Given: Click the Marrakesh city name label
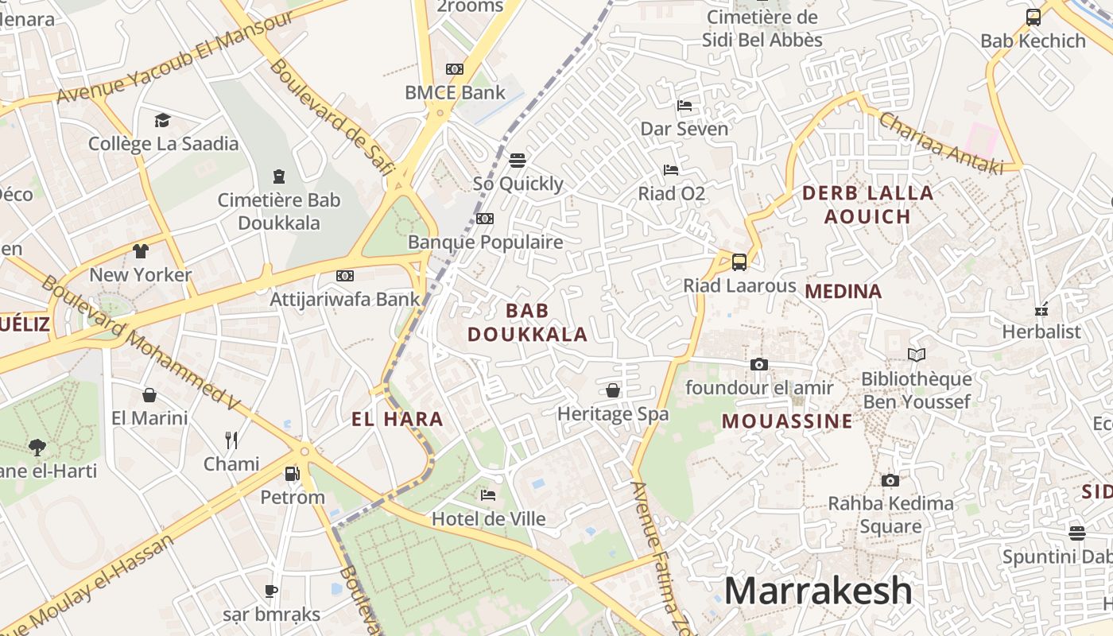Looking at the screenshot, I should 818,591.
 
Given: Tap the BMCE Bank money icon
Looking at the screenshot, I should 455,69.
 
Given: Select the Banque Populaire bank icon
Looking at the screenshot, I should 484,219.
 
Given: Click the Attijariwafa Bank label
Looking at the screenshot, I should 344,299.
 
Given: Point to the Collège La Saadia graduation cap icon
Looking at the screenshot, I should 163,120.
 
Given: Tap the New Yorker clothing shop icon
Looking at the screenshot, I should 141,251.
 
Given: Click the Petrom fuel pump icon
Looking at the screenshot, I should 293,474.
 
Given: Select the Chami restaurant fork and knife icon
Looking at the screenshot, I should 231,440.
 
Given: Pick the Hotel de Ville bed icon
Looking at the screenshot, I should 488,495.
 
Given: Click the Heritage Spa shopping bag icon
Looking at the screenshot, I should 613,390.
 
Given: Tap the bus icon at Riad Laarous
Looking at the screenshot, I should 739,262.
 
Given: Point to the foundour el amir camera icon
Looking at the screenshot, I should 759,364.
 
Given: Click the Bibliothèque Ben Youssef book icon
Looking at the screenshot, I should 917,355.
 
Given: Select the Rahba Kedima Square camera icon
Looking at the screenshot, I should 890,480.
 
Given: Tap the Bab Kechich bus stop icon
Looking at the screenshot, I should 1033,17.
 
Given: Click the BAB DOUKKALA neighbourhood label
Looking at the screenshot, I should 527,322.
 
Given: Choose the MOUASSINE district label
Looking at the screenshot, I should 787,421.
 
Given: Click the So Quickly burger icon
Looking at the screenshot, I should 518,161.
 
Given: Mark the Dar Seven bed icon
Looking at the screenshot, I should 684,106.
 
